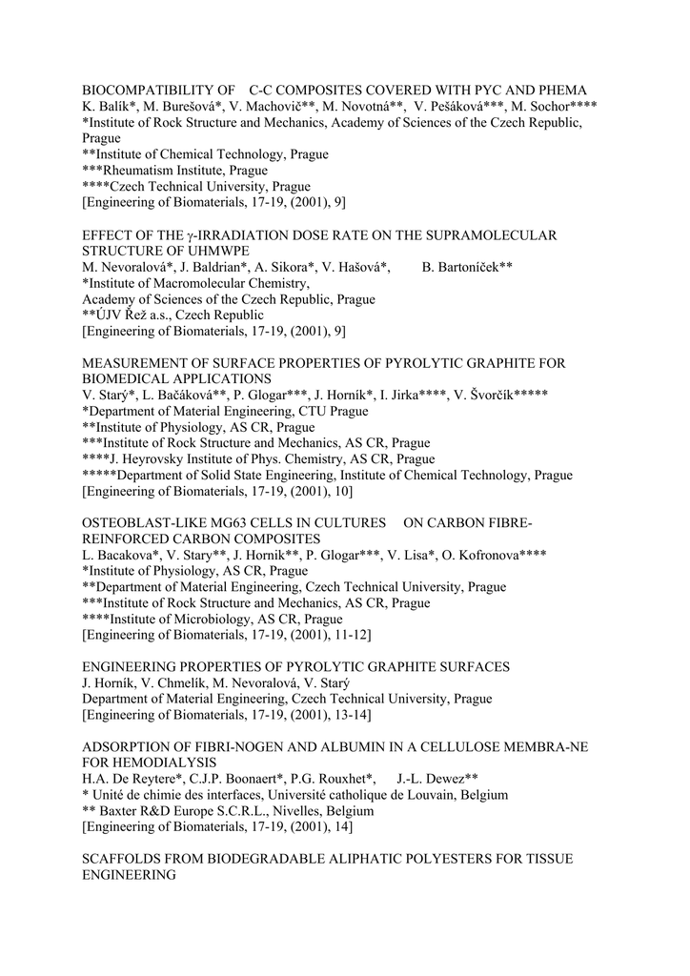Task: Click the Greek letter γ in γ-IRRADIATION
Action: coord(192,234)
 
